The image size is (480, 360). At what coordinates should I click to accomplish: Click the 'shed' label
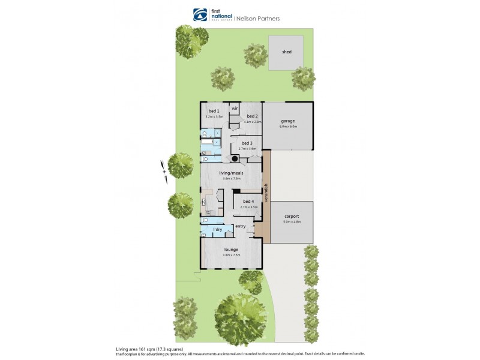pos(287,52)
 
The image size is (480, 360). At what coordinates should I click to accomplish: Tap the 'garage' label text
pos(288,121)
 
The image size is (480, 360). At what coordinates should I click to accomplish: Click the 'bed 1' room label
pos(214,111)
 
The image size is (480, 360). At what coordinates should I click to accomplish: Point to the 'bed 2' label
pos(252,116)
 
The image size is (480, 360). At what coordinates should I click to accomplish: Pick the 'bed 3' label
pos(247,143)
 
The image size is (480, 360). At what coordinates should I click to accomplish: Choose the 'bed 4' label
pos(248,201)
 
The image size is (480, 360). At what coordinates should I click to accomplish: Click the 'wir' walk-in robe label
pos(235,108)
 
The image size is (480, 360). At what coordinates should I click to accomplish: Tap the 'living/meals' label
pos(232,172)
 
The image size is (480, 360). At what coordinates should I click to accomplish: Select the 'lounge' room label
pos(232,249)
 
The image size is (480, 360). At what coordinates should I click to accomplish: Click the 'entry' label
pos(241,226)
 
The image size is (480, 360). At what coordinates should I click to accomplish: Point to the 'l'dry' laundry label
pos(218,230)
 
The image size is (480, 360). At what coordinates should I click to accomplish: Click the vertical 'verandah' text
pos(266,192)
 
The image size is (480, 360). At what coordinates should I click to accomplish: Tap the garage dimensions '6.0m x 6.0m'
pos(289,127)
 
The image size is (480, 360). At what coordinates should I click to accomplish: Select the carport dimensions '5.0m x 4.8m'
pos(292,222)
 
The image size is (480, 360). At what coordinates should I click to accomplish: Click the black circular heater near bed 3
pos(236,158)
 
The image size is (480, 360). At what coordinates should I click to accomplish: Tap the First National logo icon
pos(199,15)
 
